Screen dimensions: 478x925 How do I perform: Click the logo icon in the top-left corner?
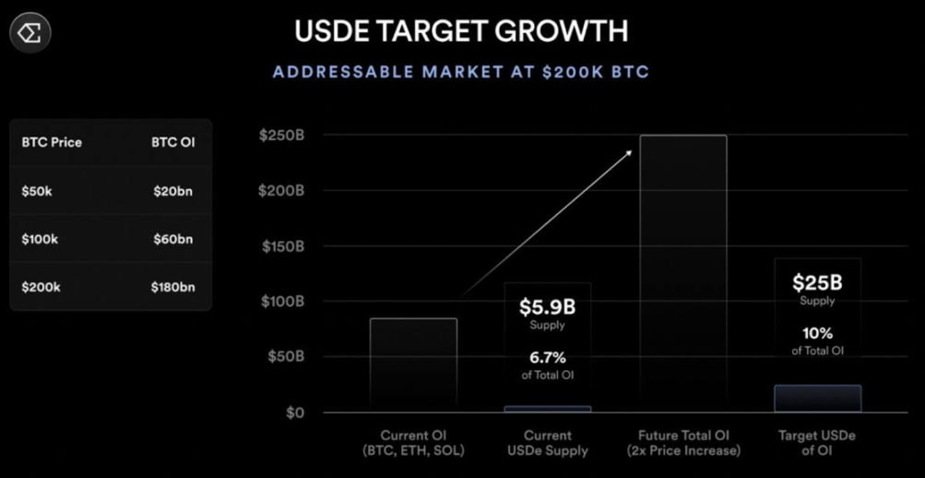(30, 33)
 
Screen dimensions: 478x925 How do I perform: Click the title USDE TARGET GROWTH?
(461, 30)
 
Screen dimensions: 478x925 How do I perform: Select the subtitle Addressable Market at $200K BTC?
(461, 72)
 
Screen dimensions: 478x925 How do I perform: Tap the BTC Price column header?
(52, 142)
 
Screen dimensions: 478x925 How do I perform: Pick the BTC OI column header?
(173, 142)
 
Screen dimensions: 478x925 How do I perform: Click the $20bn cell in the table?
(173, 191)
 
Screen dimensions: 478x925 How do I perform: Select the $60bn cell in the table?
(173, 239)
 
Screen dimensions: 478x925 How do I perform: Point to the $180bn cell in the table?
(173, 287)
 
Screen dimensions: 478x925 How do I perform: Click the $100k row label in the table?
(40, 239)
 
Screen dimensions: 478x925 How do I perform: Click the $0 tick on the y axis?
(294, 412)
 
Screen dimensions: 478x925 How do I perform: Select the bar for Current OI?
(413, 364)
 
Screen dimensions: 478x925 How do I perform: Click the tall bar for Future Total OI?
(683, 273)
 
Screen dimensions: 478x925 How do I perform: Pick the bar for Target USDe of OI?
(817, 399)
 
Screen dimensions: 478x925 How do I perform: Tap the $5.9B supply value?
(547, 306)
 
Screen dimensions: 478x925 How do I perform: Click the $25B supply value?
(817, 282)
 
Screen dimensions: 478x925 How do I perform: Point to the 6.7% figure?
(547, 356)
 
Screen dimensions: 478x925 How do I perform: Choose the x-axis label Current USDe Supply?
(548, 443)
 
